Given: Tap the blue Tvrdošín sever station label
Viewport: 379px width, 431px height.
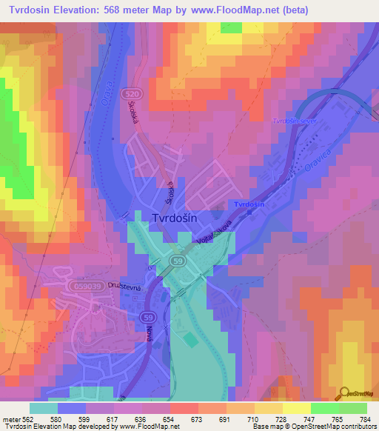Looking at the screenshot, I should pos(295,121).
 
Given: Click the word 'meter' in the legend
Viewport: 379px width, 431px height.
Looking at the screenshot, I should pos(14,418).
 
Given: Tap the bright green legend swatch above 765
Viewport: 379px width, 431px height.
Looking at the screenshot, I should pos(324,408).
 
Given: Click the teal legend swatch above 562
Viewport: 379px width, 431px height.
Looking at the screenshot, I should pos(44,408).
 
